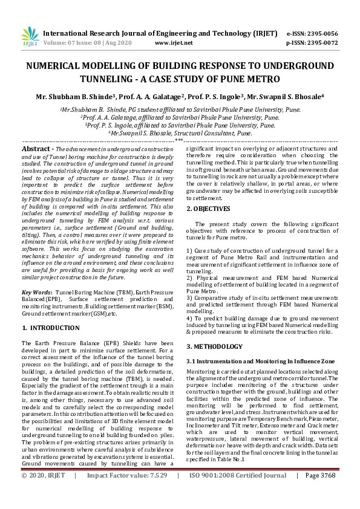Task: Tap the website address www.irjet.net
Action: [x=174, y=43]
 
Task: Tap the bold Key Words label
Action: [x=36, y=291]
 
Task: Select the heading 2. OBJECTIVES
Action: [x=209, y=209]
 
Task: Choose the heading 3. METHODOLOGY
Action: [x=214, y=346]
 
